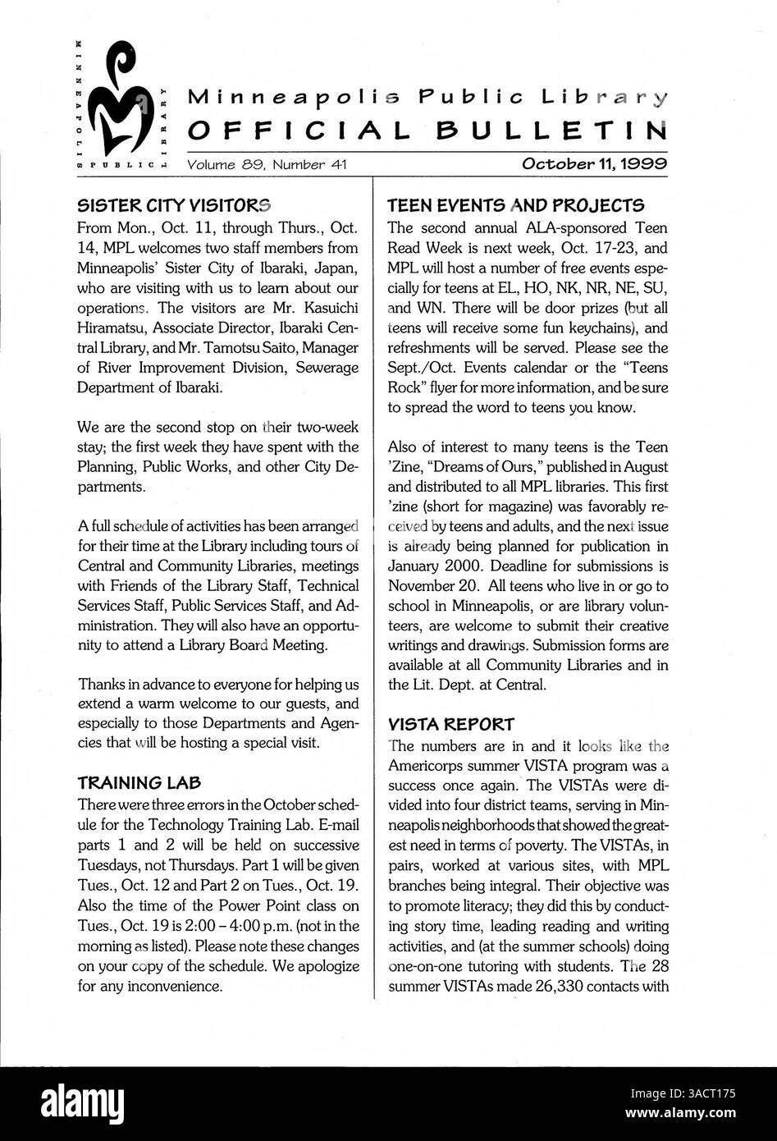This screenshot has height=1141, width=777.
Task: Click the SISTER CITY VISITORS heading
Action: pos(173,204)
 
